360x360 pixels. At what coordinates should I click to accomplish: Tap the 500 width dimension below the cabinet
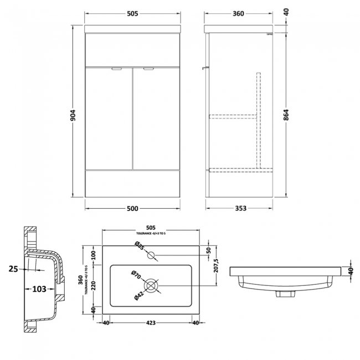pyautogui.click(x=133, y=208)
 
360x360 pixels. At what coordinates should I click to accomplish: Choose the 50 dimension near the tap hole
pyautogui.click(x=208, y=250)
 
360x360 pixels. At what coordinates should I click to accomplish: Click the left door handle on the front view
pyautogui.click(x=117, y=69)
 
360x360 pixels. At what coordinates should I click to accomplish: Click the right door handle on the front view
pyautogui.click(x=148, y=69)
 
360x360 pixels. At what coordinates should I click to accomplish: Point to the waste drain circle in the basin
pyautogui.click(x=151, y=286)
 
